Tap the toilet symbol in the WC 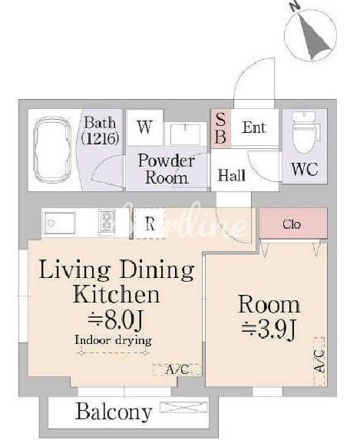tap(306, 132)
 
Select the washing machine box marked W tap(145, 127)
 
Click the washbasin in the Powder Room tap(185, 134)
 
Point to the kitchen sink tap(59, 223)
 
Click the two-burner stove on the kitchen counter tap(107, 223)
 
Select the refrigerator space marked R tap(150, 223)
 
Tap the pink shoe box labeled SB tap(220, 128)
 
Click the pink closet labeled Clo tap(293, 223)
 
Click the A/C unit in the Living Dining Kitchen tap(177, 369)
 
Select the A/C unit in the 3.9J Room tap(319, 362)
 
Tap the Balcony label tap(114, 412)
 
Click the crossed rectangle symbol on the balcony tap(183, 407)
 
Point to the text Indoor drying tap(113, 340)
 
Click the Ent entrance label tap(254, 127)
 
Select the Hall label tap(232, 175)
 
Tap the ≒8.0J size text tap(116, 320)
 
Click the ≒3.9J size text tap(268, 329)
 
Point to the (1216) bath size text tap(101, 138)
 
